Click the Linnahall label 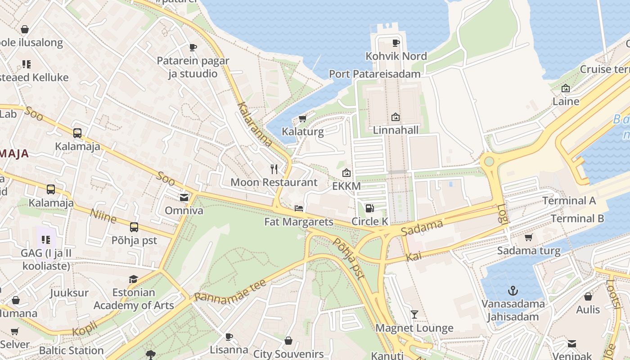tap(396, 130)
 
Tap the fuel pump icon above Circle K tap(369, 208)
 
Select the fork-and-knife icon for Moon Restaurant tap(274, 169)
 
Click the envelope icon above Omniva tap(184, 197)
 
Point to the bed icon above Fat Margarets tap(298, 208)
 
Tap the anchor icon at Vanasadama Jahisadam tap(513, 291)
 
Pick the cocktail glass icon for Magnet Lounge tap(414, 315)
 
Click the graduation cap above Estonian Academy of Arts tap(133, 279)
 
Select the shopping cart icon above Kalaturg tap(302, 119)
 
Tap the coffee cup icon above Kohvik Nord tap(396, 43)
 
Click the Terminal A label tap(569, 201)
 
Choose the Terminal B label tap(577, 219)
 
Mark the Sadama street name tap(422, 228)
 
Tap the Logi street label tap(502, 214)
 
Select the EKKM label tap(346, 186)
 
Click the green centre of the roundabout tap(489, 161)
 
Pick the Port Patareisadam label tap(375, 74)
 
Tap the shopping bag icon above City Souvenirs tap(288, 341)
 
